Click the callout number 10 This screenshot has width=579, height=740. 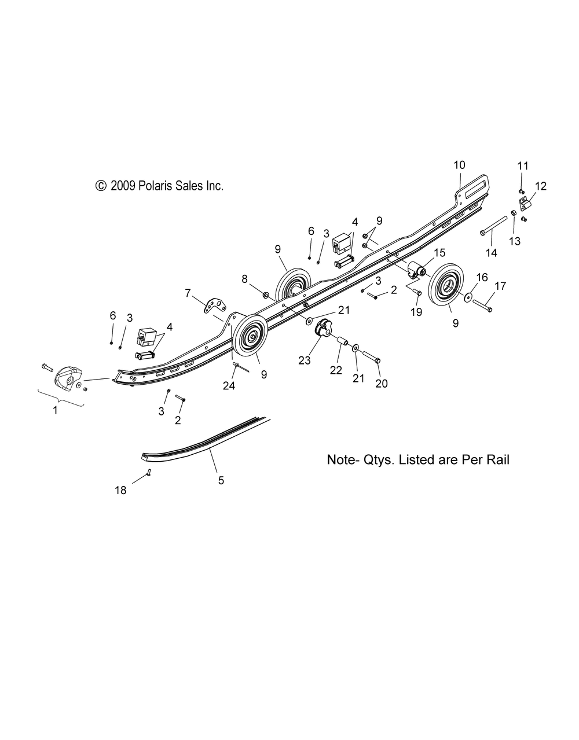[x=459, y=165]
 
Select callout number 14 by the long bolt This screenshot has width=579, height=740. [x=491, y=253]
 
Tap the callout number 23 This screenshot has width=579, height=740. [x=305, y=360]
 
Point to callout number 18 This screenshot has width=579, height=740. [x=120, y=491]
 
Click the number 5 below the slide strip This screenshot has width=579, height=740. [x=221, y=481]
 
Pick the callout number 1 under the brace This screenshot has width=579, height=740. [x=55, y=410]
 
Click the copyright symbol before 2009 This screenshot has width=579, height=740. [x=100, y=186]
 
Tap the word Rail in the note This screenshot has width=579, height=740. [x=499, y=460]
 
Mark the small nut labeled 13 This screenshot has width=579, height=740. [x=513, y=213]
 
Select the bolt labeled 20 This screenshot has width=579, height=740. [x=370, y=356]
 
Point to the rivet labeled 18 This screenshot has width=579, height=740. [x=149, y=472]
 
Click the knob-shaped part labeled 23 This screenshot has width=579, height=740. [x=324, y=329]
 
